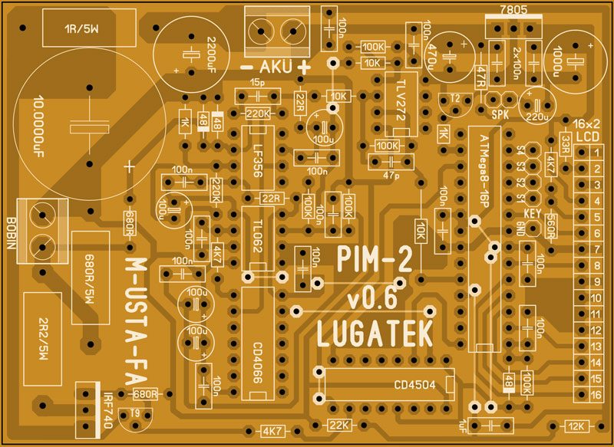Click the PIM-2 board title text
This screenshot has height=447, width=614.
[375, 258]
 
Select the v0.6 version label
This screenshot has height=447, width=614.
[375, 297]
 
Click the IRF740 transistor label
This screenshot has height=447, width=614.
[107, 411]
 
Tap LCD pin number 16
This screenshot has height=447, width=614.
[596, 395]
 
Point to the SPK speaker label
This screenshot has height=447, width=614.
[500, 113]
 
